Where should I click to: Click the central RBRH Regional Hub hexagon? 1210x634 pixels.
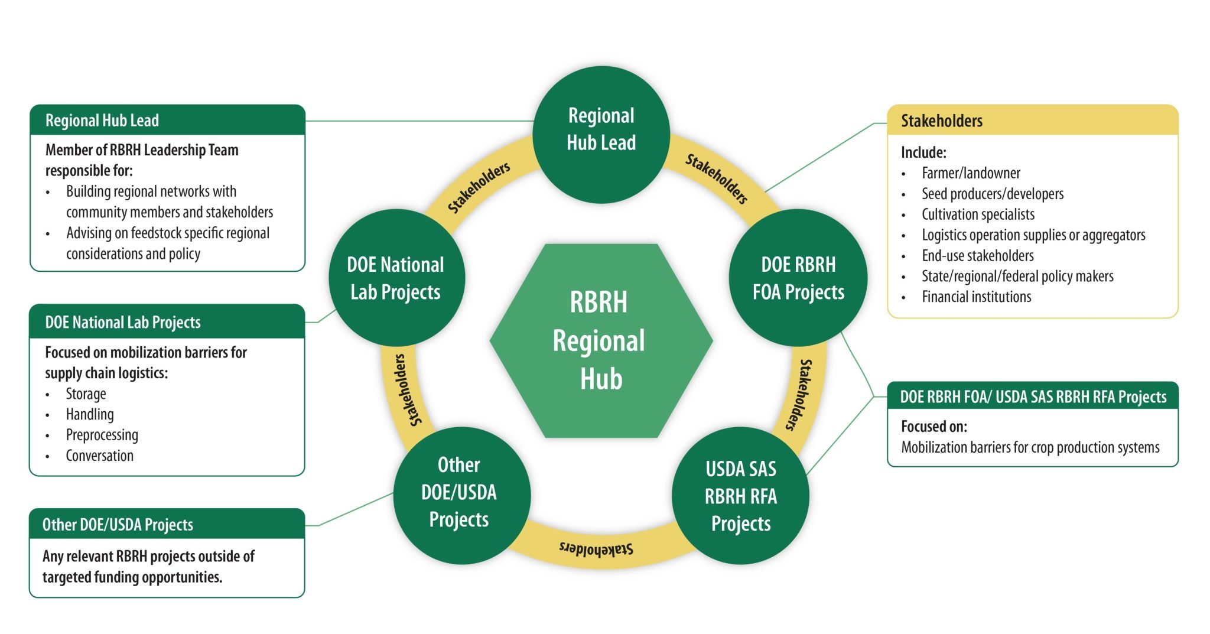pos(601,341)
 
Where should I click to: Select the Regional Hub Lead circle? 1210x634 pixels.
pos(601,135)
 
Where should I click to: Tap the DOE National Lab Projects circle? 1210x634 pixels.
pos(396,278)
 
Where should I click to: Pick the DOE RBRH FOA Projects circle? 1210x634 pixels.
pos(798,278)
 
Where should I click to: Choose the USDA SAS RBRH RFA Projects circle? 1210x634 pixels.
pos(740,496)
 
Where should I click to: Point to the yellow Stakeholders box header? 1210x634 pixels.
pos(1032,121)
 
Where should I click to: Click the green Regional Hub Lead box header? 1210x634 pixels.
pos(167,120)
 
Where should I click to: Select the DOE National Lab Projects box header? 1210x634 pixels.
pos(167,322)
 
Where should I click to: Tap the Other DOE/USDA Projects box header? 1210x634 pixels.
pos(167,524)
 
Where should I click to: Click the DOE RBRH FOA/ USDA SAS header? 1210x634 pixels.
pos(1032,396)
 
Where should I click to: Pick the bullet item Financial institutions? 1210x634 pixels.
pos(976,297)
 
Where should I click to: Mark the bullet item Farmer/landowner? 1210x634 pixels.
pos(971,173)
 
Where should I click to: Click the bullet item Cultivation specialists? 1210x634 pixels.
pos(978,214)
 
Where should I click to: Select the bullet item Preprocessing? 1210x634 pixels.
pos(102,435)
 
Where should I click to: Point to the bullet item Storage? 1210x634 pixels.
pos(86,394)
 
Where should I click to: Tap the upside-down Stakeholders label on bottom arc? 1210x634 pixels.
pos(596,548)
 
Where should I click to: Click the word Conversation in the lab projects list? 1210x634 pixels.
pos(99,456)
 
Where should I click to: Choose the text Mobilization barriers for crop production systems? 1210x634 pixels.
pos(1030,447)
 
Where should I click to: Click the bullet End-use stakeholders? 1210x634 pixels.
pos(977,256)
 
